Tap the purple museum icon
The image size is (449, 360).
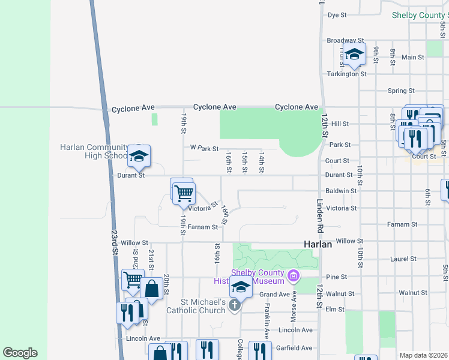[294, 276]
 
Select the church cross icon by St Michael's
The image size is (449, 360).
[235, 306]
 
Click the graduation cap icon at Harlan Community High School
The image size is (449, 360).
[139, 157]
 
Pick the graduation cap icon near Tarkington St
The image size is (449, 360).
[354, 55]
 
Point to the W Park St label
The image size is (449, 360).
[203, 148]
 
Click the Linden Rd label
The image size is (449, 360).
[320, 217]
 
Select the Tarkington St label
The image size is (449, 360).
[347, 74]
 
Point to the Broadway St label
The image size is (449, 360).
[342, 41]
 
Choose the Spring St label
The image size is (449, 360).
[401, 91]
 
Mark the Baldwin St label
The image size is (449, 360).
[345, 191]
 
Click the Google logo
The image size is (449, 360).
[20, 353]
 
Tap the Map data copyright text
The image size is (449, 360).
[424, 355]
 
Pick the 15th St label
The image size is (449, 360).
[245, 162]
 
